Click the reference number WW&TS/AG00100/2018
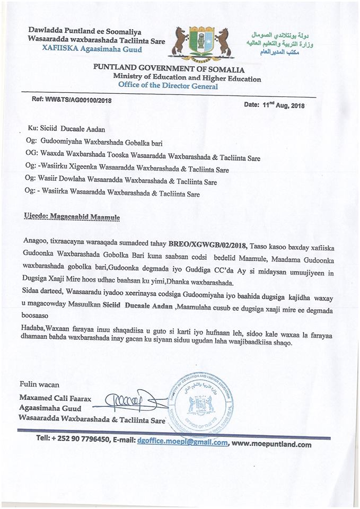(72, 99)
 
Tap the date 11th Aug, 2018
(274, 104)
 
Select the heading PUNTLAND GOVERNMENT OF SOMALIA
(169, 69)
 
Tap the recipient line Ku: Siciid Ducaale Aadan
(66, 129)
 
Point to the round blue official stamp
(200, 404)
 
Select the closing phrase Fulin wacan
(39, 384)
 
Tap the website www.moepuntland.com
(271, 444)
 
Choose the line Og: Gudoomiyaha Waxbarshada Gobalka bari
(93, 143)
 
